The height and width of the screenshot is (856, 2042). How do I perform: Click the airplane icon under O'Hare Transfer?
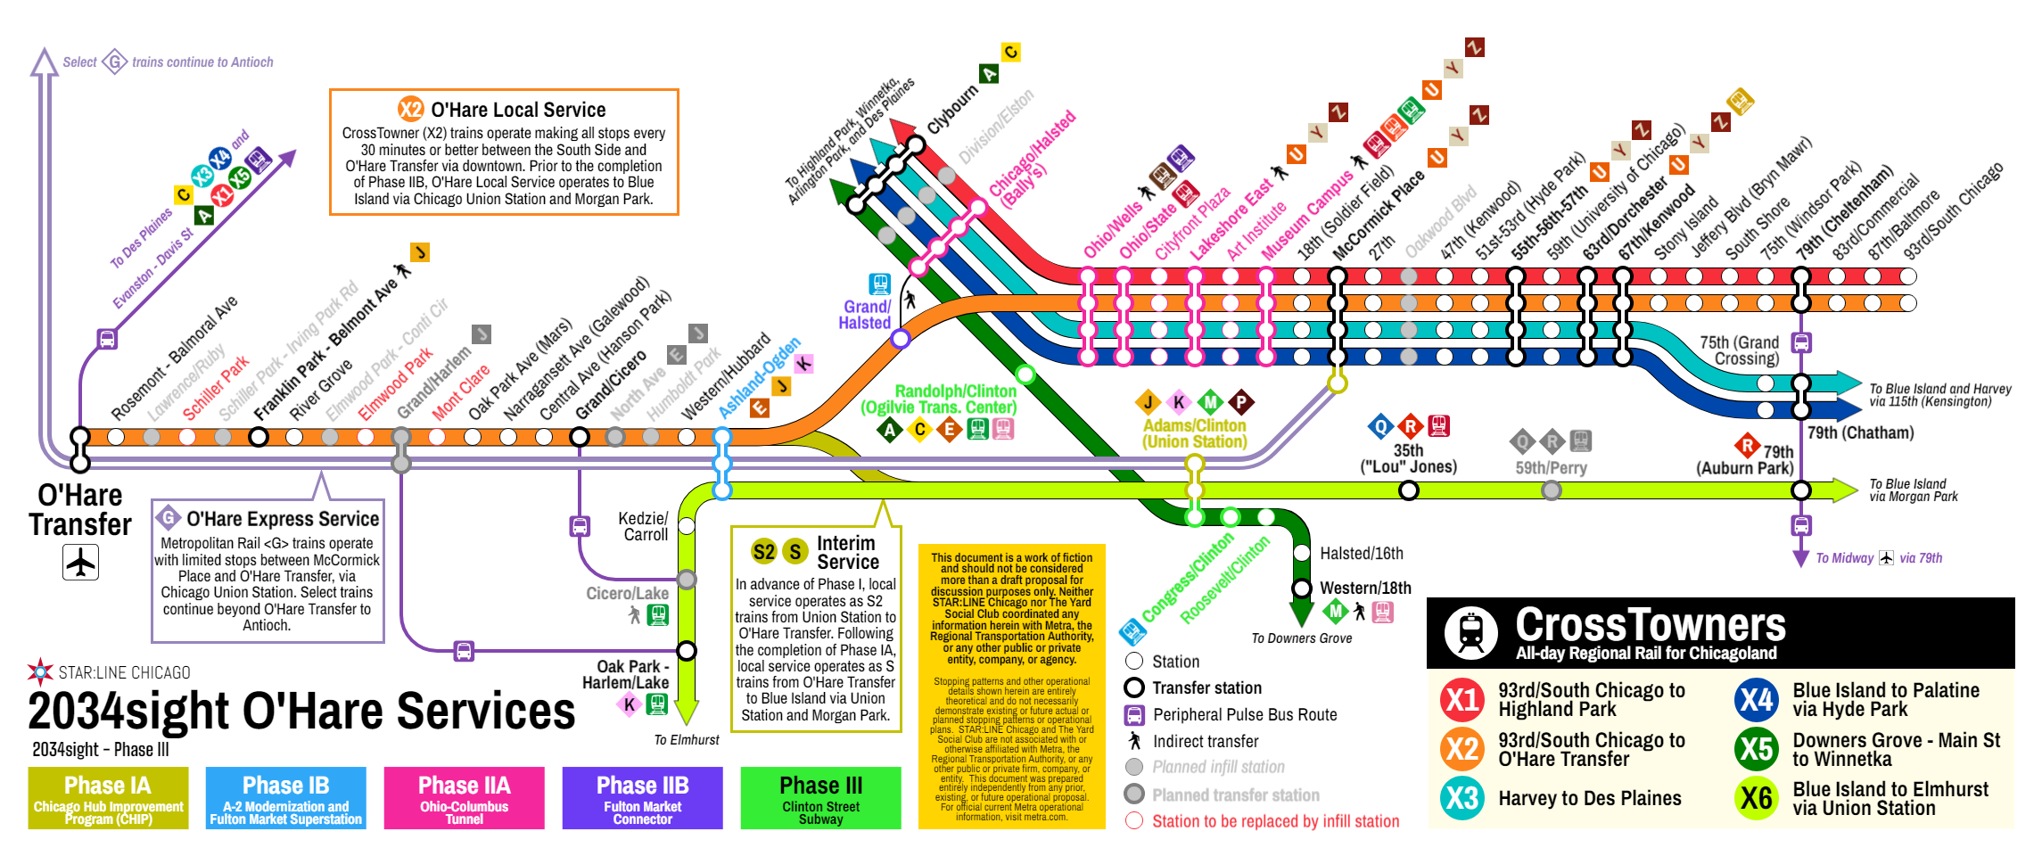[80, 563]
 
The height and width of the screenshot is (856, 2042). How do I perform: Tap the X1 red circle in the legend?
[1462, 700]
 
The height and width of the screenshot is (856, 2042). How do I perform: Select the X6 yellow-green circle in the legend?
[1756, 798]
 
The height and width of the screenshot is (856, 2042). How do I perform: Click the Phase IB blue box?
[285, 798]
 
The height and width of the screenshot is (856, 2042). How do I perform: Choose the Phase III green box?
[820, 798]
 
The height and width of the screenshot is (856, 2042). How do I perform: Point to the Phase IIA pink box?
[464, 798]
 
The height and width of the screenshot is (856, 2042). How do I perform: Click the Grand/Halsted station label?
[864, 315]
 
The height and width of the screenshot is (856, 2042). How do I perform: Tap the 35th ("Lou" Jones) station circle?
[1409, 490]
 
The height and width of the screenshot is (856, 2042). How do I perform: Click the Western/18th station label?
[1365, 588]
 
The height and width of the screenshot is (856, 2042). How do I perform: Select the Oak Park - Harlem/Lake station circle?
[687, 651]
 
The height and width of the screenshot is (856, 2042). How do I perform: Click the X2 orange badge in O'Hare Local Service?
[410, 110]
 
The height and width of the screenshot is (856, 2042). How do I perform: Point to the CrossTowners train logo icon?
[1470, 632]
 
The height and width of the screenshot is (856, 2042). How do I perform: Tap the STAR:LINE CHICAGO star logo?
[40, 672]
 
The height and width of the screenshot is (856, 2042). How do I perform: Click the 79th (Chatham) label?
[1860, 432]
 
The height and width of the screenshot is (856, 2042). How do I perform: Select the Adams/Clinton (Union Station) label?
[1195, 433]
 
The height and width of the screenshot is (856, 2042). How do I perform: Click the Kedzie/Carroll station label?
[643, 526]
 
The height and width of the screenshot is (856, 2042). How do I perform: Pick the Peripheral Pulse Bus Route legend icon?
[1134, 714]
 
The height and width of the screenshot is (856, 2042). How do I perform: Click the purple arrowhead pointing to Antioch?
[44, 62]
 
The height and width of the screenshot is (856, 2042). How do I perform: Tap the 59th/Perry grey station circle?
[1552, 490]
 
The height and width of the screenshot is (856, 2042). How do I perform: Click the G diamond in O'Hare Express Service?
[168, 518]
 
